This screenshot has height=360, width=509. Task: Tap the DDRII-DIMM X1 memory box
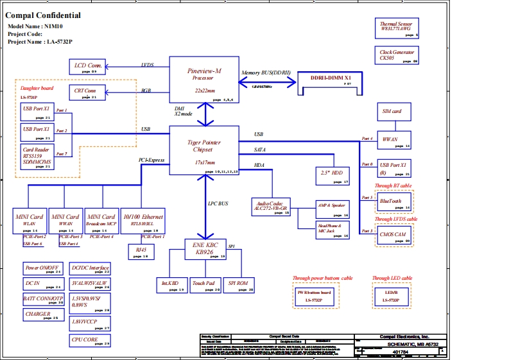coord(336,81)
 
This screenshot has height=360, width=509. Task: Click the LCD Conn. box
coord(89,66)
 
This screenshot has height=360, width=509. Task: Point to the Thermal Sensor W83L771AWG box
coord(396,28)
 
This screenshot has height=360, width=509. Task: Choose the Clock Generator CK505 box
coord(396,55)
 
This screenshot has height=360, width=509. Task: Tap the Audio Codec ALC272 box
coord(271,207)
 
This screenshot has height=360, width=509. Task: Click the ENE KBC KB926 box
coord(205,249)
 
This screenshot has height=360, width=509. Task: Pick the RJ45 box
coord(142,252)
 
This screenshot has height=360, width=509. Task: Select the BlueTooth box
coord(393,203)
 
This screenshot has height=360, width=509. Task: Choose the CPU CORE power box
coord(89,341)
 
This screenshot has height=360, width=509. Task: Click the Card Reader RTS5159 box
coord(36,158)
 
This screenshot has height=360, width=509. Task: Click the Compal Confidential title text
coord(43,15)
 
